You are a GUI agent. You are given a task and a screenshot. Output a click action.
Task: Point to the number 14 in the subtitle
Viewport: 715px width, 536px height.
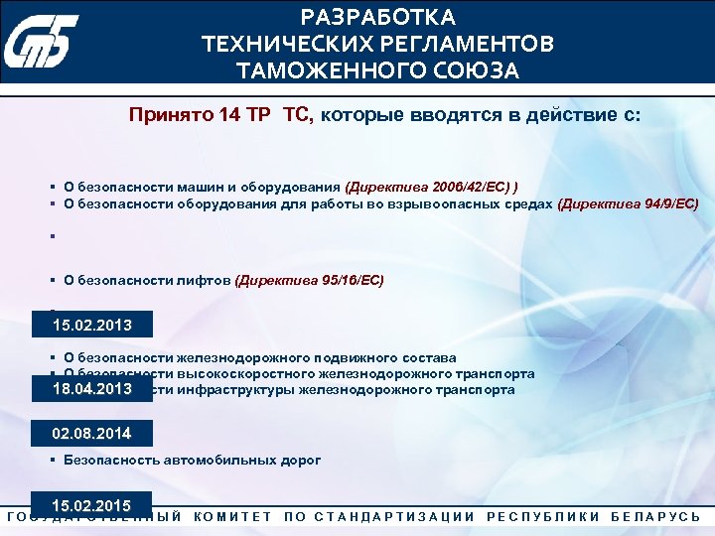coord(229,115)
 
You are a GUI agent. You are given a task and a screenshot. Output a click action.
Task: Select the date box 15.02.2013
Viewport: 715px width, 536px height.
coord(91,326)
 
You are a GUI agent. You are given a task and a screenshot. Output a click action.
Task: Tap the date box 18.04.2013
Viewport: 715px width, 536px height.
coord(91,390)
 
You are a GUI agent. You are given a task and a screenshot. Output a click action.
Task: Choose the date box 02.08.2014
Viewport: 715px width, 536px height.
coord(91,434)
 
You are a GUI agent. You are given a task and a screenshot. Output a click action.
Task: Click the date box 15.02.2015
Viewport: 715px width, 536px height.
coord(91,505)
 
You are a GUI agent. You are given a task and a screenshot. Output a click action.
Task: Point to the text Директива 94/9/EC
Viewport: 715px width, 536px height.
coord(629,204)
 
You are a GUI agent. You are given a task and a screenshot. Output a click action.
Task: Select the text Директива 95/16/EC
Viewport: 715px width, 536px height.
coord(310,281)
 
